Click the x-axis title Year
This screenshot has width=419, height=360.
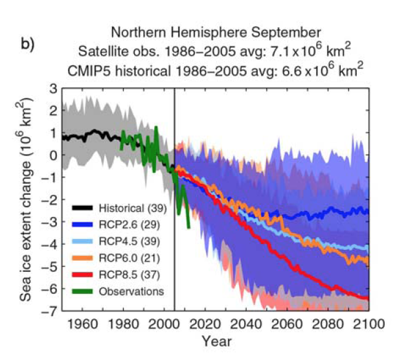tap(215, 340)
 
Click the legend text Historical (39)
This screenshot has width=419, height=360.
tap(130, 208)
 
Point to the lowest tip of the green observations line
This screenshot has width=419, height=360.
tap(188, 228)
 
